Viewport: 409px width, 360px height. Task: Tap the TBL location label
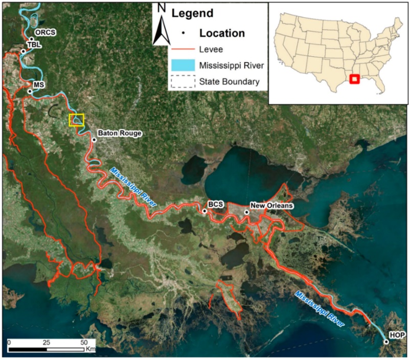pyautogui.click(x=34, y=44)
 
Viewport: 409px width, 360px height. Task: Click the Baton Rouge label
pyautogui.click(x=119, y=133)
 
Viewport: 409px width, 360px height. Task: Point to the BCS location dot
pyautogui.click(x=204, y=211)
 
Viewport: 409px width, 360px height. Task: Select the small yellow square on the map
pyautogui.click(x=76, y=120)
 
